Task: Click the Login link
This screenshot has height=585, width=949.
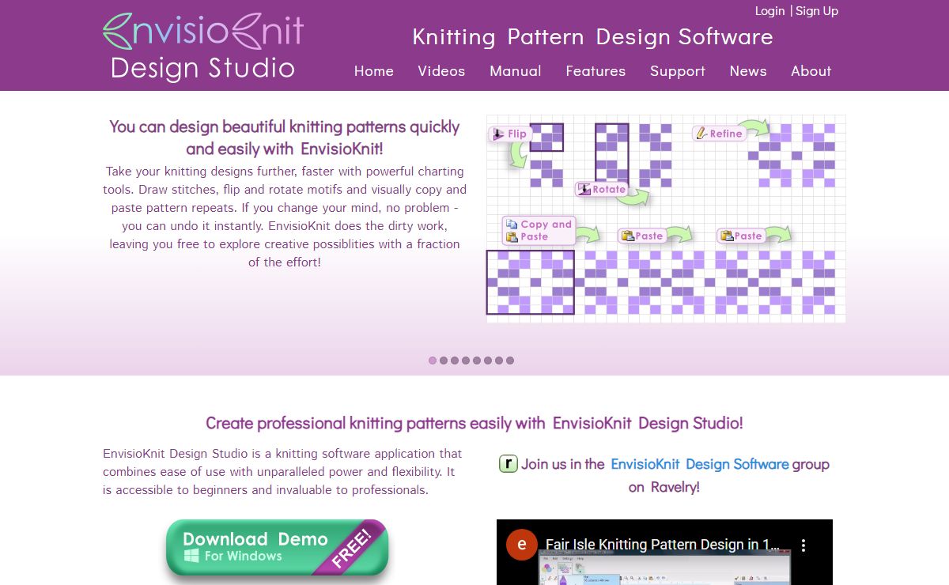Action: (769, 11)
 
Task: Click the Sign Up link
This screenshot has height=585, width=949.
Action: (817, 11)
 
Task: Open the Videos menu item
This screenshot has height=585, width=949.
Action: (441, 70)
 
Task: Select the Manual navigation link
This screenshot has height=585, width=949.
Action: (515, 70)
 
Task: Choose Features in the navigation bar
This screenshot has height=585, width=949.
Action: (595, 70)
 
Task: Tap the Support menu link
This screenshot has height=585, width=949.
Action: (678, 71)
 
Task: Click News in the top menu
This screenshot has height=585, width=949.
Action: (748, 70)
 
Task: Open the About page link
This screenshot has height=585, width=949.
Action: (811, 70)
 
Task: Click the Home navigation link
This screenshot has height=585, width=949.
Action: (373, 70)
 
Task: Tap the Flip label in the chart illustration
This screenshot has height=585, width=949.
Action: (509, 134)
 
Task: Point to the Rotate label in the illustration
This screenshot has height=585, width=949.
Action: (602, 189)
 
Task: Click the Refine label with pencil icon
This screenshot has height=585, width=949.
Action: (719, 134)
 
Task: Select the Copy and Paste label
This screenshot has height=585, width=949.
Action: (539, 230)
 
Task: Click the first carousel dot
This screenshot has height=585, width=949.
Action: (432, 360)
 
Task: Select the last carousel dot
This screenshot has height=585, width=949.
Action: (510, 360)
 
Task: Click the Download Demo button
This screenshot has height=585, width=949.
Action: (277, 547)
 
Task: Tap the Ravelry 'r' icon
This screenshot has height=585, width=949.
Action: (509, 463)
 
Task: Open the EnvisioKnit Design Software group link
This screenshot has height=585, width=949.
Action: (699, 464)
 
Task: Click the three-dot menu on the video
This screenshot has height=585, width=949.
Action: (803, 545)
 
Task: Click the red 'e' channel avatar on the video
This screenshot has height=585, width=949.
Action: (521, 545)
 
